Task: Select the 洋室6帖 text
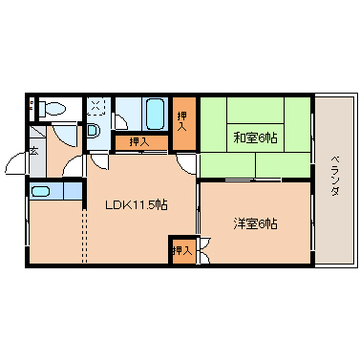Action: [255, 224]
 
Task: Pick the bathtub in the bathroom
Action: [155, 115]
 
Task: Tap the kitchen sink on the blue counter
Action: [41, 192]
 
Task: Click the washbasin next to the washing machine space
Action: [95, 130]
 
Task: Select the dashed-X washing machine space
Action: [97, 106]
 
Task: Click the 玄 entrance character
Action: [32, 150]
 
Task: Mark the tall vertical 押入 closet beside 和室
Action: [183, 122]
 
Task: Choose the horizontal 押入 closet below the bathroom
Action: [139, 142]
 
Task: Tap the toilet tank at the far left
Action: [32, 107]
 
